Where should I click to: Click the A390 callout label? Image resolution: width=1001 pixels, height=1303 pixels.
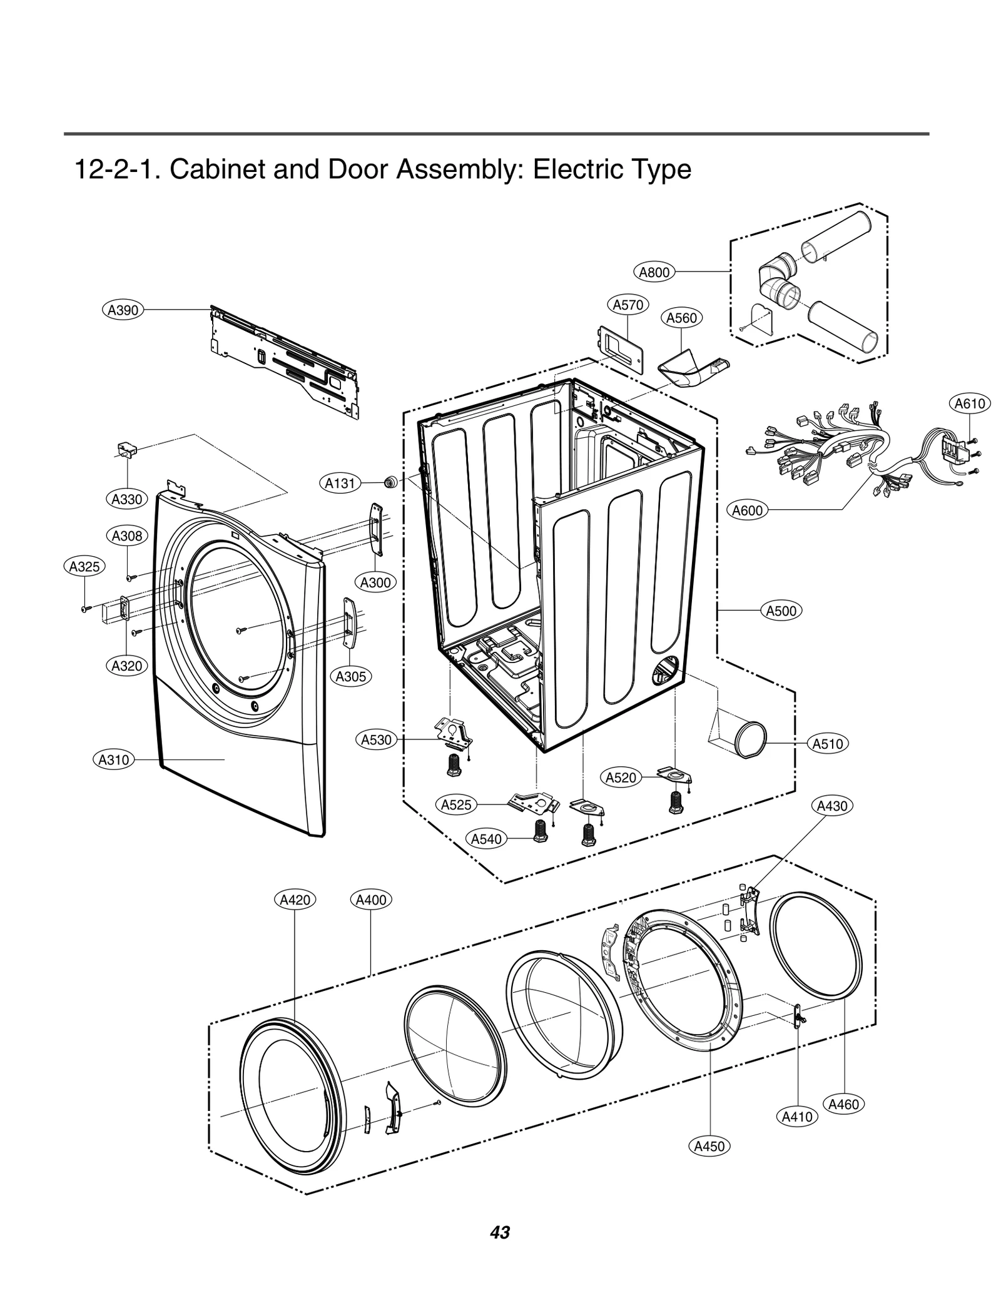(123, 310)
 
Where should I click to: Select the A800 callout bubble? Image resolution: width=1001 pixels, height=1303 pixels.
(654, 272)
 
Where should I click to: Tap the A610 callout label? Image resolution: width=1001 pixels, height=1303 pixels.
(970, 403)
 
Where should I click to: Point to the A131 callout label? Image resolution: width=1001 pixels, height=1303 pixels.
(340, 483)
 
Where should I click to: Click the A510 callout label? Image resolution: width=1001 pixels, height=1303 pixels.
(828, 744)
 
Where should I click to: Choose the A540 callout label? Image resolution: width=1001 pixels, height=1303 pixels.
(487, 839)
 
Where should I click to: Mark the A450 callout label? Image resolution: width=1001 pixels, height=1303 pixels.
(709, 1146)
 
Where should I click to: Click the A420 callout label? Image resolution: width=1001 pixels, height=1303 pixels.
(295, 900)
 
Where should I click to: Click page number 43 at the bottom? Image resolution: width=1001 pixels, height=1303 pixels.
(500, 1232)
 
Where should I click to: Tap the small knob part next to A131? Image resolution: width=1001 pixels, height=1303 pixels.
(391, 482)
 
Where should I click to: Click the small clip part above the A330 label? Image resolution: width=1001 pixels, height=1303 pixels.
(127, 449)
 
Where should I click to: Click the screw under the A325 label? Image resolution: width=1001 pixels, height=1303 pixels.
(84, 608)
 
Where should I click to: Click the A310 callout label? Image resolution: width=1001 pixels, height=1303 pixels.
(114, 760)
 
